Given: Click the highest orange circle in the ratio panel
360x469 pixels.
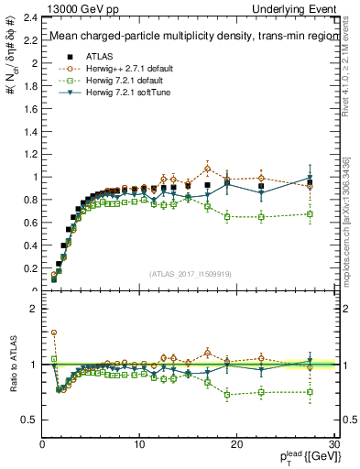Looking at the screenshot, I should coord(54,333).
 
